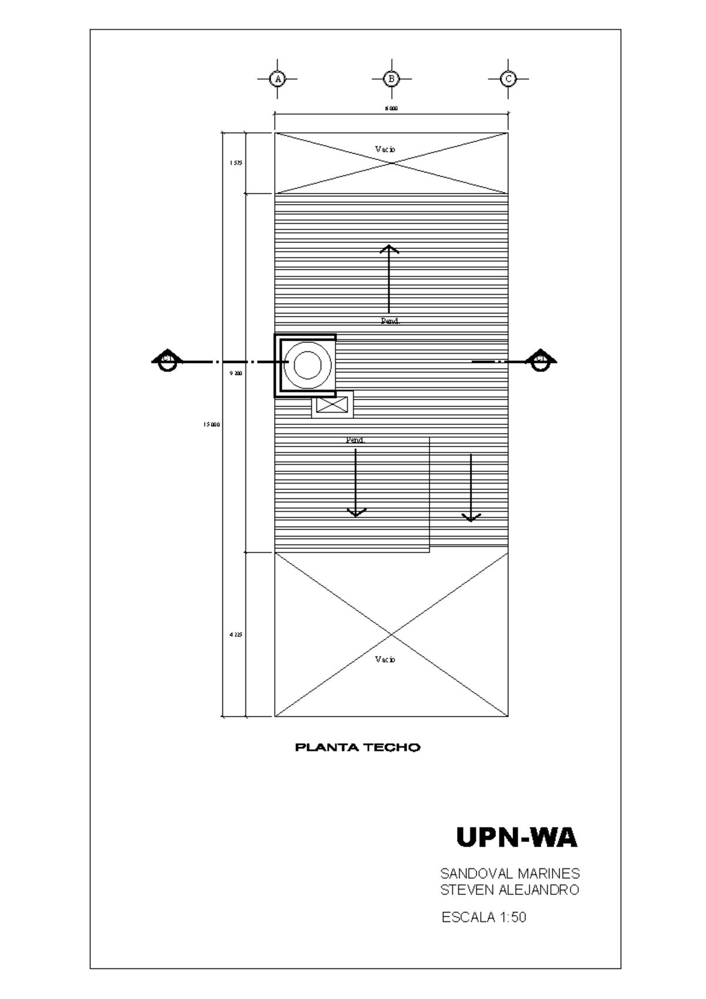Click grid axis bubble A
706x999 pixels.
point(278,78)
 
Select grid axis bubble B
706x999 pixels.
point(391,78)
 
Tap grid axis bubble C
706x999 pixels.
point(508,78)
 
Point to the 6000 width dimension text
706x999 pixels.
point(391,108)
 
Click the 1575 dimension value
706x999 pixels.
point(236,163)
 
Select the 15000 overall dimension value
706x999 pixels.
point(212,424)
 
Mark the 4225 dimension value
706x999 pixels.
point(236,635)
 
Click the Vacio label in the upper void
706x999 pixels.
point(385,149)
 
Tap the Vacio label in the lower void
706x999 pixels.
point(385,660)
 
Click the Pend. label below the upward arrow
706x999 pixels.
point(391,321)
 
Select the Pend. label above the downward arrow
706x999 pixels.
point(355,440)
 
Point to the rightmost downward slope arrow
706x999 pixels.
point(471,488)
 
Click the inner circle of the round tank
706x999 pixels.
point(308,365)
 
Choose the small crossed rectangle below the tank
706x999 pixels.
point(332,404)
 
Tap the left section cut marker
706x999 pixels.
point(167,361)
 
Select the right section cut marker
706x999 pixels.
point(540,361)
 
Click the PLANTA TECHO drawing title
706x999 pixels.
point(358,748)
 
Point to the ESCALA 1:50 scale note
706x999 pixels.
point(484,917)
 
